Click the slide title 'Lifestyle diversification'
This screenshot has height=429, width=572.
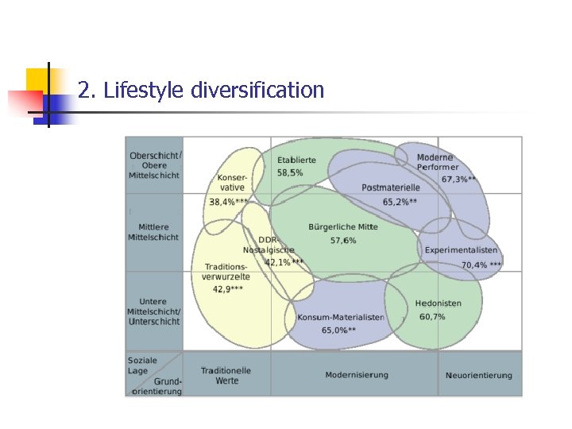click(x=201, y=90)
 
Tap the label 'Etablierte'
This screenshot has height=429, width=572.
click(x=296, y=160)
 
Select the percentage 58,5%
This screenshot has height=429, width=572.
click(x=290, y=172)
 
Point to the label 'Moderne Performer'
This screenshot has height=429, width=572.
click(x=437, y=162)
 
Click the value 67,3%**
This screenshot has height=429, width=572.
click(x=459, y=180)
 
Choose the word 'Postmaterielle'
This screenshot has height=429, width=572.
click(x=390, y=187)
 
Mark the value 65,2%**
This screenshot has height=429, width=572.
click(x=400, y=202)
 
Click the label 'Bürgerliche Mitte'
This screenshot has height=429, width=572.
click(x=343, y=226)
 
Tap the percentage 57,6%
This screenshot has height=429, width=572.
click(x=343, y=240)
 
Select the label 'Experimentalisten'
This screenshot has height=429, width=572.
click(x=461, y=250)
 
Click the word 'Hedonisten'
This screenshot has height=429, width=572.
click(x=438, y=303)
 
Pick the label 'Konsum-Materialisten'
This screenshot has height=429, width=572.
click(x=341, y=317)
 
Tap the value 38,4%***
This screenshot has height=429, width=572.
click(x=229, y=202)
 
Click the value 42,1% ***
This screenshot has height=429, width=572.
click(x=284, y=261)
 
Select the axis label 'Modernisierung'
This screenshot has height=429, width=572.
click(x=357, y=375)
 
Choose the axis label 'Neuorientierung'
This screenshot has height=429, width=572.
click(x=479, y=375)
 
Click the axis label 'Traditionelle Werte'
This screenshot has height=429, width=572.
click(x=226, y=375)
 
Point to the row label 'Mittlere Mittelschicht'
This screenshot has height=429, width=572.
click(x=153, y=231)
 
